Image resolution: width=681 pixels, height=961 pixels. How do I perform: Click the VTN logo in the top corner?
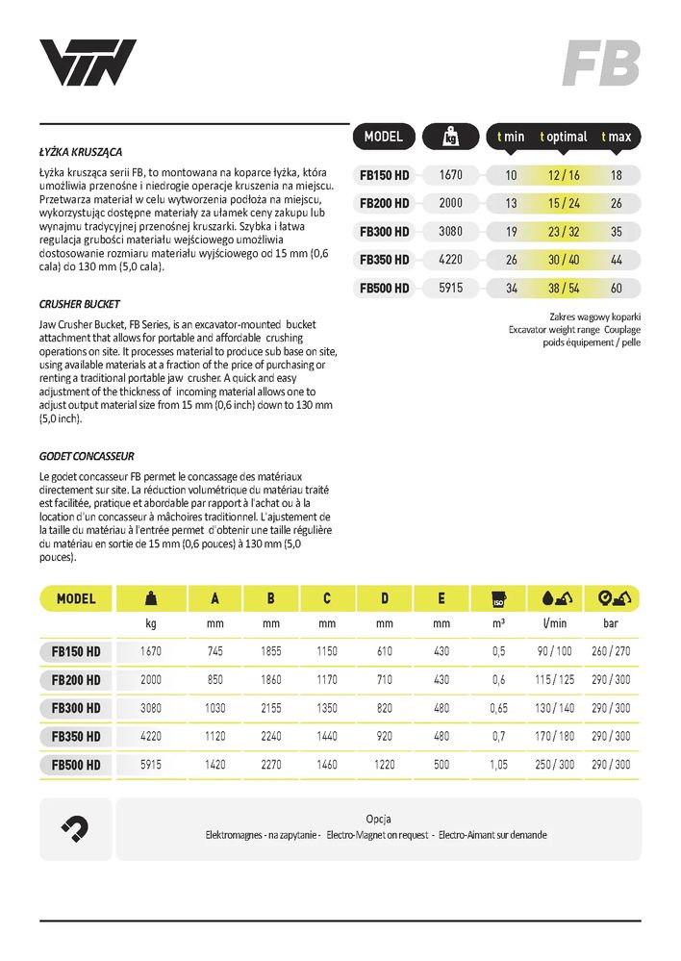(88, 63)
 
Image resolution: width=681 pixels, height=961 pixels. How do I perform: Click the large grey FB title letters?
(601, 63)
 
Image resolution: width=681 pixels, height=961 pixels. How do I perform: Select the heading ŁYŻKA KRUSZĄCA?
(88, 152)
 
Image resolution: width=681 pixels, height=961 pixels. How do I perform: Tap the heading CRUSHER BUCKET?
(81, 303)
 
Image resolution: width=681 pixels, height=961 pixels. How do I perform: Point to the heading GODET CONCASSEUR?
(87, 455)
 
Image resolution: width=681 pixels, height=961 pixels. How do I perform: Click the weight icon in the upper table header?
(450, 138)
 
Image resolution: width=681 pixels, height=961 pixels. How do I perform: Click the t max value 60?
(616, 287)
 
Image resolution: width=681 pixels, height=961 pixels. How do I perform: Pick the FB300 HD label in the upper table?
(385, 231)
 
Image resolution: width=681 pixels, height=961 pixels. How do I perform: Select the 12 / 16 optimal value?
(564, 175)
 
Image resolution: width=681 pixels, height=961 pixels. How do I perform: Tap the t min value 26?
(511, 259)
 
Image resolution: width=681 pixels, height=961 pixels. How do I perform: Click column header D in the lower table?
(384, 598)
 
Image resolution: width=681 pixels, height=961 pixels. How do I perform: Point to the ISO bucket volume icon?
(499, 597)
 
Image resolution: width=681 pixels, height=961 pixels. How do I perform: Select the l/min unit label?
(556, 623)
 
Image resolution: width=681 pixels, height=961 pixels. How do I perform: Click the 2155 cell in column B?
(271, 708)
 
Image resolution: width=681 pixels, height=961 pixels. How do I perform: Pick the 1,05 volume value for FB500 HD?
(498, 765)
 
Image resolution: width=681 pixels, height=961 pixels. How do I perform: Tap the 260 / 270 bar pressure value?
(612, 651)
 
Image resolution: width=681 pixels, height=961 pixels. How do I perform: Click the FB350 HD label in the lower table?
(77, 737)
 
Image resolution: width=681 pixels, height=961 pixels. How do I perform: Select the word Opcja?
(378, 820)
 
